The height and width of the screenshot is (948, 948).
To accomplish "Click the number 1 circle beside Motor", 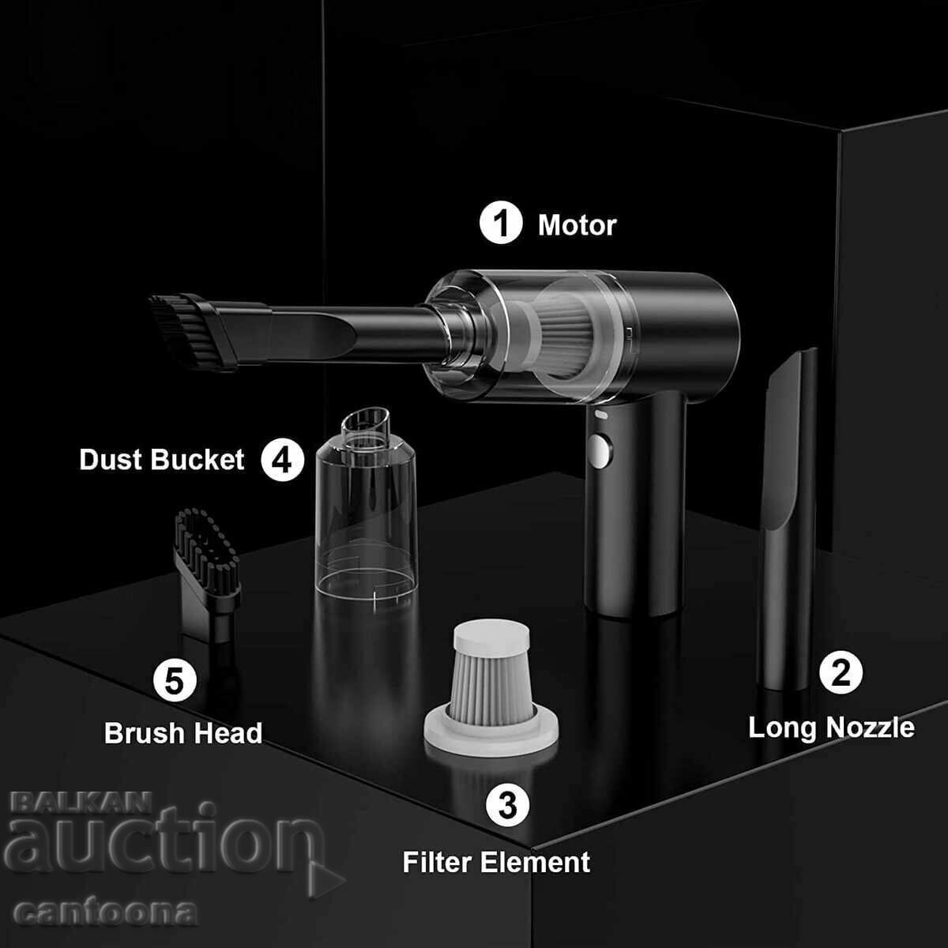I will pyautogui.click(x=502, y=224).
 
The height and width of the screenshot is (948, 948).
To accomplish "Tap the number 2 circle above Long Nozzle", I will pyautogui.click(x=841, y=672).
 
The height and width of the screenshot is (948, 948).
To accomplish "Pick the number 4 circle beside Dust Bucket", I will pyautogui.click(x=282, y=460).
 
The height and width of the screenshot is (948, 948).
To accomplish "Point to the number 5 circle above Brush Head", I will pyautogui.click(x=175, y=680).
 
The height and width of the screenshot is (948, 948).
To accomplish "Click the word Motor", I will pyautogui.click(x=577, y=225).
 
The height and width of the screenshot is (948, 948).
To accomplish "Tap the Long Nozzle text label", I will pyautogui.click(x=831, y=727).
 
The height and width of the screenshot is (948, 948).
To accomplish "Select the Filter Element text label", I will pyautogui.click(x=496, y=861).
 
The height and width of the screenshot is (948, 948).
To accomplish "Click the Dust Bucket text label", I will pyautogui.click(x=162, y=460).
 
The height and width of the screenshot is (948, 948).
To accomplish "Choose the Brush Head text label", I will pyautogui.click(x=182, y=733).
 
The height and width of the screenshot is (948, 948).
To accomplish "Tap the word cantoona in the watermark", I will pyautogui.click(x=106, y=913).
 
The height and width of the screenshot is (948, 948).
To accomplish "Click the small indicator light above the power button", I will pyautogui.click(x=600, y=416).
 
